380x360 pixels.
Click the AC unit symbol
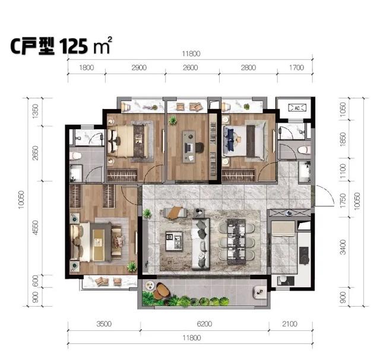point(297,108)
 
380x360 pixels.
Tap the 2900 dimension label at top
point(139,68)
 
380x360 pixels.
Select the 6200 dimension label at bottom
point(204,324)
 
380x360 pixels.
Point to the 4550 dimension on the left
point(36,227)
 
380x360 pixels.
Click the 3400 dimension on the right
point(343,247)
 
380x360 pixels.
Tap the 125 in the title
point(73,46)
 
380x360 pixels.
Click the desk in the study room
point(189,147)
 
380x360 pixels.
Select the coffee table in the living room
point(174,241)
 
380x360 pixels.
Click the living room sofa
point(201,244)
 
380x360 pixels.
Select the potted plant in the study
point(173,120)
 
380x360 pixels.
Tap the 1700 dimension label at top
point(297,68)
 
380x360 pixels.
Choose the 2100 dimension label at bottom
point(290,324)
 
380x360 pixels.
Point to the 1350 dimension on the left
point(36,111)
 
